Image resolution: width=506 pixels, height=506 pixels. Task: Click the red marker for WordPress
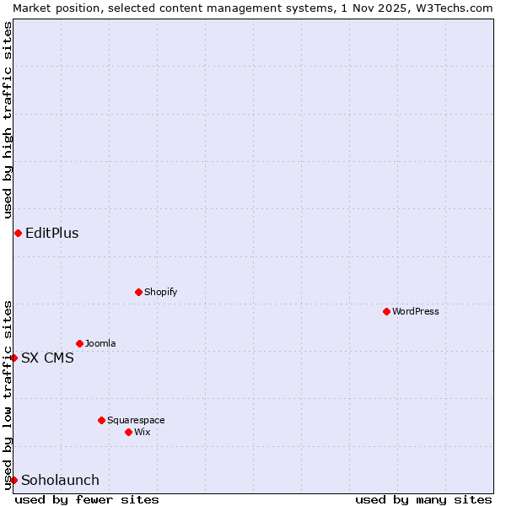386,311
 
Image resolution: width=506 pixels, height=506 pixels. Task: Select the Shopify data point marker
138,292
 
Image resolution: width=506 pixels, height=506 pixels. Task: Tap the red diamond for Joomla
79,343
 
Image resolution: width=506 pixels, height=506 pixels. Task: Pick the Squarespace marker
101,420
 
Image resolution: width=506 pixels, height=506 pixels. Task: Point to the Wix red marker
128,432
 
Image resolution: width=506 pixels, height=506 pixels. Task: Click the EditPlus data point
18,233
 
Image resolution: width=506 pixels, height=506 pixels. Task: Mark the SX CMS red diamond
13,358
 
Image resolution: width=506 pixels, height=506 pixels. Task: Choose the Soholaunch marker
13,480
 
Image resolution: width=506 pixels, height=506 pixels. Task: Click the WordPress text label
416,311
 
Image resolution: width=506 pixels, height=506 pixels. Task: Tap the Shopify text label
160,292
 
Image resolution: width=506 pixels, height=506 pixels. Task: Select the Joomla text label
100,343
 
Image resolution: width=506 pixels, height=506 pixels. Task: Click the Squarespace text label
136,420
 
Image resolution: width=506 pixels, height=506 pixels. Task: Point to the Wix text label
142,432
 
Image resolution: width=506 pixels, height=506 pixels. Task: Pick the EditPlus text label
52,233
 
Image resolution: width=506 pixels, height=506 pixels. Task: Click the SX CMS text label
47,358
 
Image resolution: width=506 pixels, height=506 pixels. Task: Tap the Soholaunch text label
60,480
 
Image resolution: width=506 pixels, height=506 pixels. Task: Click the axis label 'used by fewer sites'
87,499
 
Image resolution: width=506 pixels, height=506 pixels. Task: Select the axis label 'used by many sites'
423,499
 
